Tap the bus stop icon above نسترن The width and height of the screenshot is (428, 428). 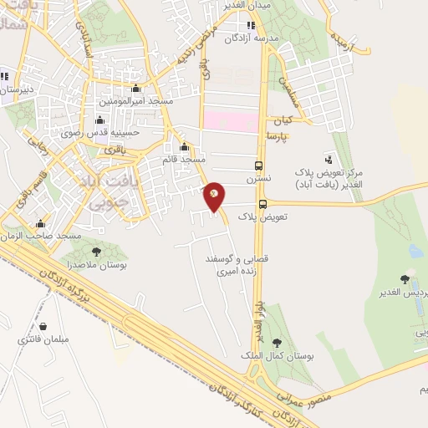tap(258, 166)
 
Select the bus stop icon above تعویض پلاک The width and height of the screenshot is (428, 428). tap(262, 204)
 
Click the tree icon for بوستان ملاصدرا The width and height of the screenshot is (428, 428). tap(96, 251)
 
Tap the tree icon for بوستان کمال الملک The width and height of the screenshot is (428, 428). tap(277, 343)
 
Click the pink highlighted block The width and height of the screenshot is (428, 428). tap(232, 122)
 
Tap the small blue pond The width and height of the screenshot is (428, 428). tap(415, 250)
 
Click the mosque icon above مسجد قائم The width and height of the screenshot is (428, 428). tap(185, 147)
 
